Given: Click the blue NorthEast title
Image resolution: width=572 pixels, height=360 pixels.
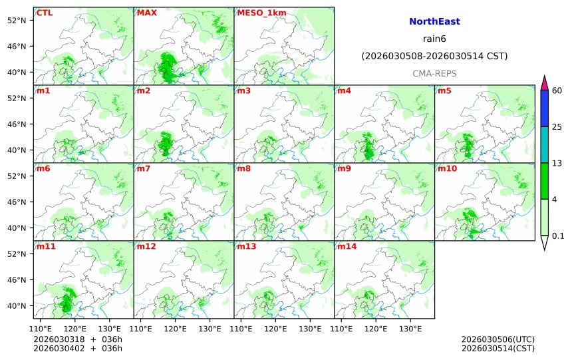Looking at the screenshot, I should [434, 22].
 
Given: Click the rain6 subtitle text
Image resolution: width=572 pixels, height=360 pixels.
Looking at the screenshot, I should [434, 39].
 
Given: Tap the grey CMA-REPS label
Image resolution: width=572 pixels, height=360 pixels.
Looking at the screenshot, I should [434, 73].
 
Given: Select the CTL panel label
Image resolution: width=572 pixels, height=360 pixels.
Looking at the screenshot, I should [45, 13].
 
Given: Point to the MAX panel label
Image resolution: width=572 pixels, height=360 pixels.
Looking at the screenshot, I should [146, 13].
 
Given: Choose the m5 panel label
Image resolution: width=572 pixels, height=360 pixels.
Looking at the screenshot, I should [444, 90].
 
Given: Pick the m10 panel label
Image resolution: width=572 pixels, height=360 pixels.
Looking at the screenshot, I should [447, 168].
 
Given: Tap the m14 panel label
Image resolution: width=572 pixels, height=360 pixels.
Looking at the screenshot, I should [347, 246].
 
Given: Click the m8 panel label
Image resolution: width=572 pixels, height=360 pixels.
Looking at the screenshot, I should [243, 168].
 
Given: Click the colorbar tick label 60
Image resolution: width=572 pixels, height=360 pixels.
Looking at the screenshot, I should [557, 90].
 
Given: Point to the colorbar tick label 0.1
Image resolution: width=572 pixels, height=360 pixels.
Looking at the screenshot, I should [558, 236].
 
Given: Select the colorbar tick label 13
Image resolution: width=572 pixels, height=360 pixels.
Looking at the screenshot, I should [557, 163].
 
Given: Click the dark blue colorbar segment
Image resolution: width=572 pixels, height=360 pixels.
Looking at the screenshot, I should [544, 108].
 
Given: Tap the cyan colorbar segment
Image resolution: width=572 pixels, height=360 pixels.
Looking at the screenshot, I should [544, 144].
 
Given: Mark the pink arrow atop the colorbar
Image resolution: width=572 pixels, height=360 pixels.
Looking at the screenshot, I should [544, 83].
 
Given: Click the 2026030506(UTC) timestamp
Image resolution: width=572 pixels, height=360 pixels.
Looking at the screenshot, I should [498, 339].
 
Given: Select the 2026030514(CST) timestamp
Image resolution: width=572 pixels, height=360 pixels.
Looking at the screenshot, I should [498, 348].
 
